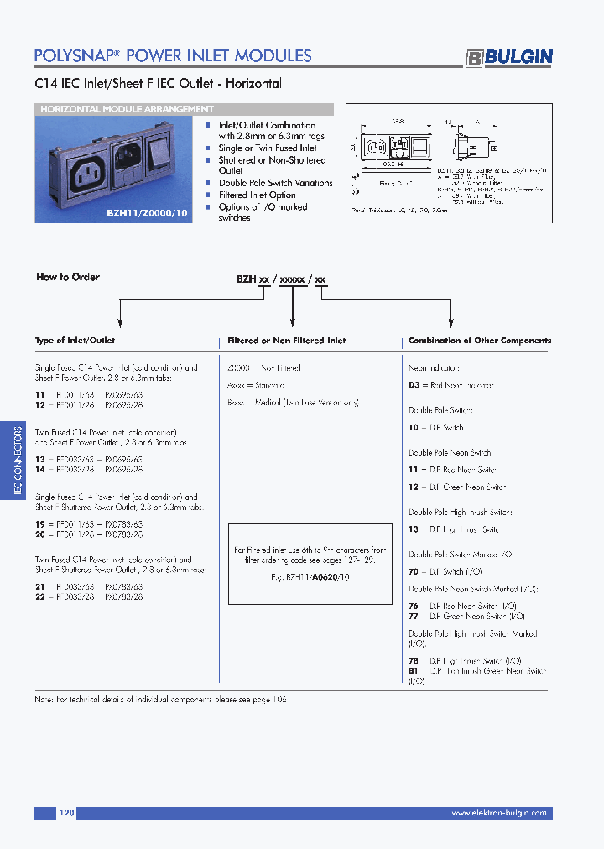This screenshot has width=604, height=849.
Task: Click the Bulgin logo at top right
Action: (509, 57)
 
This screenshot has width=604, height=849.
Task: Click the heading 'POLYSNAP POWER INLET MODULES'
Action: (173, 56)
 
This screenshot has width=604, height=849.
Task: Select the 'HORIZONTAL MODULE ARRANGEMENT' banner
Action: (127, 109)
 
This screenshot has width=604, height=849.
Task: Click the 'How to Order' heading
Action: (67, 277)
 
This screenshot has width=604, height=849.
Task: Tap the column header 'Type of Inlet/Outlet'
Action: (75, 341)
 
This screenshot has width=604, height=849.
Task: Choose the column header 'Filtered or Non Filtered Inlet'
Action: (286, 341)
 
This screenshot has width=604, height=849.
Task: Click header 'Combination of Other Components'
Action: (479, 341)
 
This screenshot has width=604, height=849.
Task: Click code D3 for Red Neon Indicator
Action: (414, 385)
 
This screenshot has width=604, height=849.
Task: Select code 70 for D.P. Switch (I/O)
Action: (414, 571)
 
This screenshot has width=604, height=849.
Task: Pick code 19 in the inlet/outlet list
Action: (39, 523)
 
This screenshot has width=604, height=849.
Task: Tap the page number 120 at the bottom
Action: (67, 813)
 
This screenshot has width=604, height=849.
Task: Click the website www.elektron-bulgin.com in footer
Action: (498, 813)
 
